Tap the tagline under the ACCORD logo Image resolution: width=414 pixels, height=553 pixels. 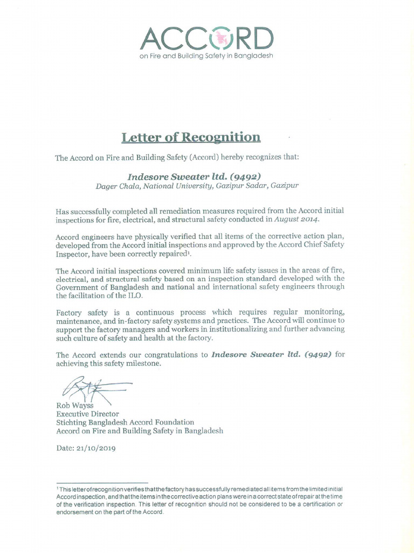[206, 56]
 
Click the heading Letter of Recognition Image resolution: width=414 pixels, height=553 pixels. [191, 137]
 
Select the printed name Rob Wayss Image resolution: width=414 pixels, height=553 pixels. [74, 406]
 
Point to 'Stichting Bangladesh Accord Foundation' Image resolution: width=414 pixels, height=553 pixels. [125, 422]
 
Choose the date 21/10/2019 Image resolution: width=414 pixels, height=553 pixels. [97, 448]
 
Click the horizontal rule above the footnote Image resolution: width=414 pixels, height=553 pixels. [102, 483]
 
